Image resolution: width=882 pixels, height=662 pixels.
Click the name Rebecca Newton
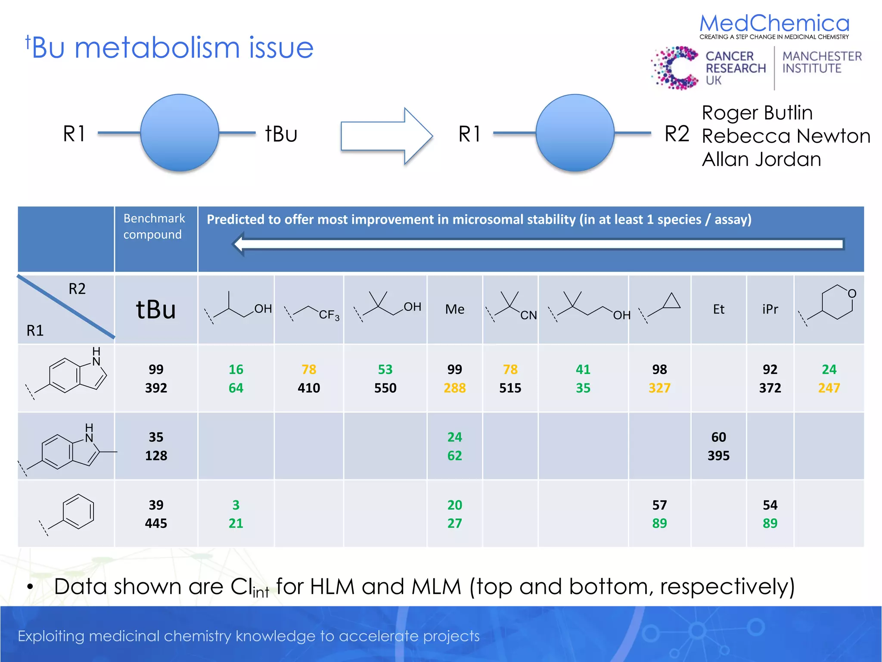point(786,136)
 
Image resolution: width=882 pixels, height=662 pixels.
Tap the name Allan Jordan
point(761,159)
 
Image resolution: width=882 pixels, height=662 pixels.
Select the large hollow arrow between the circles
point(386,136)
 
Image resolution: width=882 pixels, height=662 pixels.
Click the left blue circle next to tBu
point(180,133)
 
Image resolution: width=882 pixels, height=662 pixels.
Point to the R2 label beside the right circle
point(677,134)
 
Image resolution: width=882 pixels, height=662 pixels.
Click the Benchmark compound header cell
point(154,227)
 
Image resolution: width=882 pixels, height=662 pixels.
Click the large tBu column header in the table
point(156,309)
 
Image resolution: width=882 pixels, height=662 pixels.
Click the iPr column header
point(770,309)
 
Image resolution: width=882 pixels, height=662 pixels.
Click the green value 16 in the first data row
point(236,369)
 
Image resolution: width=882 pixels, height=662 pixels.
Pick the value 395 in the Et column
point(718,456)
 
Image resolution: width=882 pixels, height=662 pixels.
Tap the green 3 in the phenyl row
point(236,505)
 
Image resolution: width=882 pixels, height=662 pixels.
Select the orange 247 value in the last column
point(829,388)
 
